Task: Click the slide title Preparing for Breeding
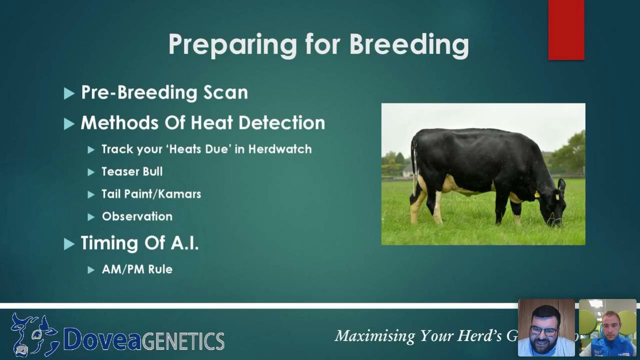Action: (318, 44)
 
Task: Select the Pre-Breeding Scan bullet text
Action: (164, 92)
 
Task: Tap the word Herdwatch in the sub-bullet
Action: (280, 149)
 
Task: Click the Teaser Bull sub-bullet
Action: (132, 171)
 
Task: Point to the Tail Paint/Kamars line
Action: (151, 194)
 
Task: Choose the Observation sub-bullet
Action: (137, 216)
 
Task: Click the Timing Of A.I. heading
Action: (139, 243)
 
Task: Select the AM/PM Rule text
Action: (137, 269)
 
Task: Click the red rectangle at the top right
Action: (566, 30)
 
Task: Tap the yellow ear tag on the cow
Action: (537, 194)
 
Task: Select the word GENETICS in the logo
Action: (183, 341)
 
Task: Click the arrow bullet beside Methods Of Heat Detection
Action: (69, 123)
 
